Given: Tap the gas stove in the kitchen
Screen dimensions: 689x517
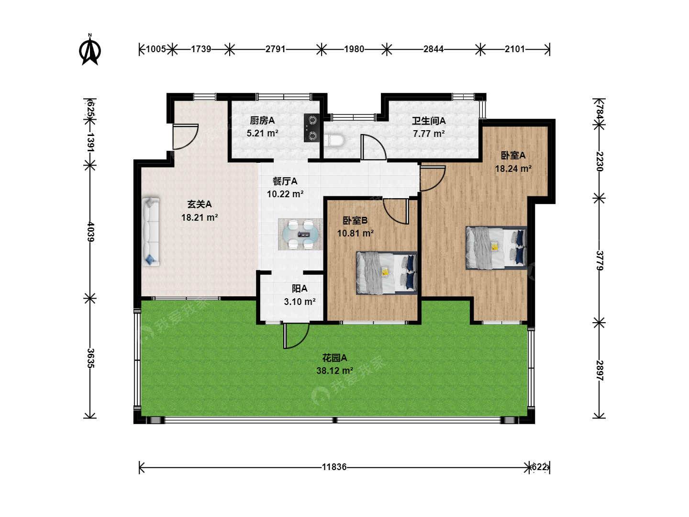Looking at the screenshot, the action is (311, 128).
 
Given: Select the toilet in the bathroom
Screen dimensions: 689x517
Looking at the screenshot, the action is (334, 140).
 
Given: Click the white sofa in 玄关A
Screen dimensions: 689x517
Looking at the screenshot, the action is (150, 232).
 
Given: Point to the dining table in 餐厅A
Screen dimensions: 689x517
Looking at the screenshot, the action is (300, 234).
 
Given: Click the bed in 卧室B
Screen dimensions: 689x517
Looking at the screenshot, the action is (387, 273).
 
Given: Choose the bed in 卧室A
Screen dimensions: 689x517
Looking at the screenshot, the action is (496, 247).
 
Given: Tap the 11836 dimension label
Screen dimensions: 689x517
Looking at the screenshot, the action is (334, 467).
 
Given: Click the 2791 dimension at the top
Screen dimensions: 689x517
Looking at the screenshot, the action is (275, 49).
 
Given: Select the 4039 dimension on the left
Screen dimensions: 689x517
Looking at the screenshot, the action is (90, 232).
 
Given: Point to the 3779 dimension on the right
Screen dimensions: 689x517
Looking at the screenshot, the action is (599, 260).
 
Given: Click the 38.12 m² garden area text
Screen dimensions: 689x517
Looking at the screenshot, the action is (334, 371).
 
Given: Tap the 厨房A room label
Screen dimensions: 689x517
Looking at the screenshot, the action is (262, 120).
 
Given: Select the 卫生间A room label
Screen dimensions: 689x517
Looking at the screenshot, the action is (429, 121).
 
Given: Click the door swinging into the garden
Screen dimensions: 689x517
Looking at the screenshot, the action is (296, 336).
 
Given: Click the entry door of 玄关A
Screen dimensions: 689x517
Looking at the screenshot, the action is (186, 137).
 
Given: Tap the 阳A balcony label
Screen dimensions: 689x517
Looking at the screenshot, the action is (300, 289).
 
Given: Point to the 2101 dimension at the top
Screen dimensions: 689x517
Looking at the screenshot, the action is (514, 49).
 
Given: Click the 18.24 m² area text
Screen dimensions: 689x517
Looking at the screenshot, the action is (513, 169).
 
